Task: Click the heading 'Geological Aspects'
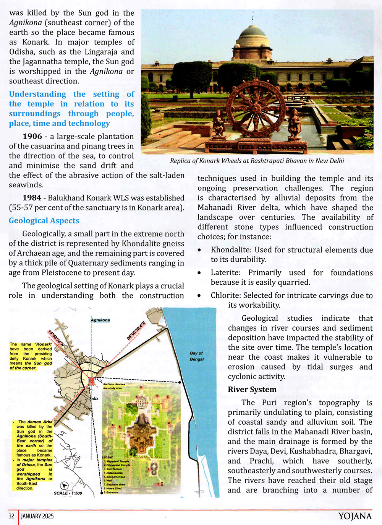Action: [x=44, y=221]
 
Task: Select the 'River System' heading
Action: [x=252, y=390]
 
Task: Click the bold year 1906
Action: [x=32, y=137]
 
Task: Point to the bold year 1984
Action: [x=32, y=198]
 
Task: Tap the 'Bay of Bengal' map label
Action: [x=197, y=356]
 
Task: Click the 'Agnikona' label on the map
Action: [x=100, y=320]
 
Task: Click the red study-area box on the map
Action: [x=92, y=381]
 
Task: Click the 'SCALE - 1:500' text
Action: [x=68, y=493]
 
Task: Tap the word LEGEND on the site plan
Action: [x=108, y=457]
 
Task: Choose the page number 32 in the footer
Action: [x=11, y=516]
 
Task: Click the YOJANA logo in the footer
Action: [x=355, y=516]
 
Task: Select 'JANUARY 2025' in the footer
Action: [x=37, y=516]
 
